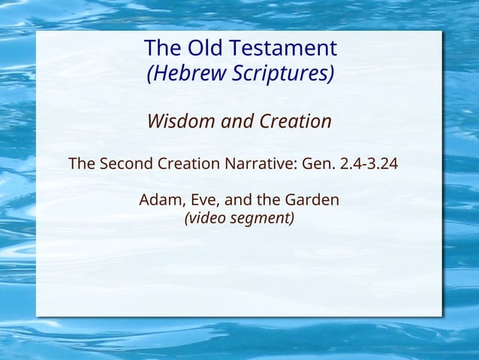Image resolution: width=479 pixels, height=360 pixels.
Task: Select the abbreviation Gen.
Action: click(x=319, y=163)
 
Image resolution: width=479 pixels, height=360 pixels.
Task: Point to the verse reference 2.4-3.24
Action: click(x=369, y=163)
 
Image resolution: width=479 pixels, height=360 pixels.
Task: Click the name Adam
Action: click(x=160, y=201)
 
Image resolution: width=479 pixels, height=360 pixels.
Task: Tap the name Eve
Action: click(x=200, y=201)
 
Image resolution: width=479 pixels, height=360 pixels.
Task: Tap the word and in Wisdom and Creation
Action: click(x=239, y=121)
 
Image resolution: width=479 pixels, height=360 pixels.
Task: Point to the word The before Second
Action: click(x=82, y=163)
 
